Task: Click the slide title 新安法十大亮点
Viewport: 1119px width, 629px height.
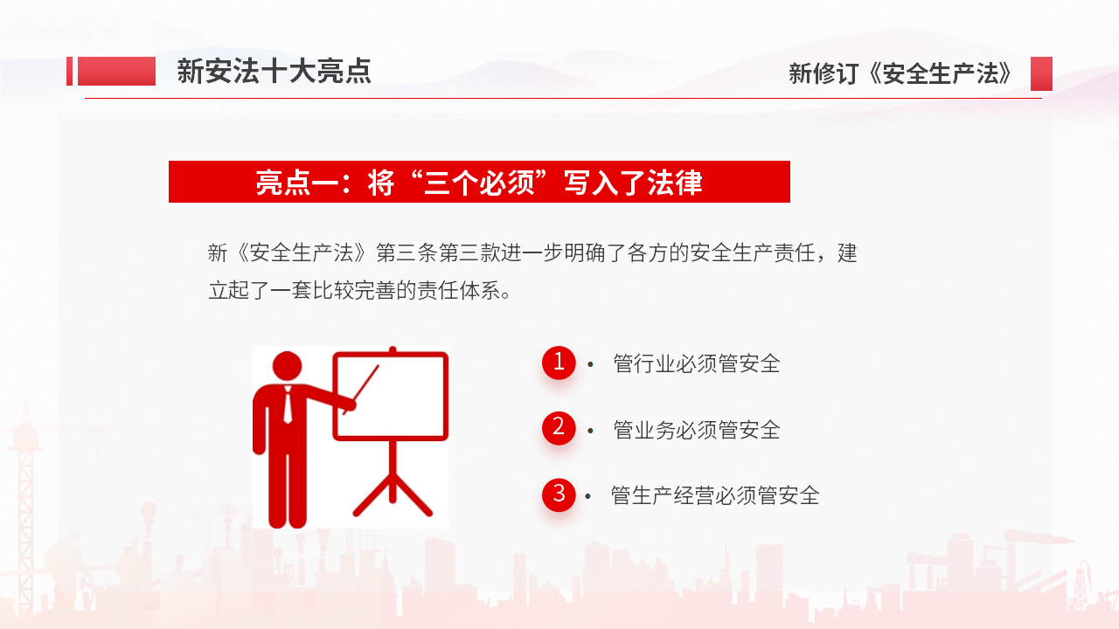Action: click(274, 71)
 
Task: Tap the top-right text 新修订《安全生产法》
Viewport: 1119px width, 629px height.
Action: click(900, 73)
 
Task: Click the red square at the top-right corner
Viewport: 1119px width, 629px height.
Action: click(1041, 73)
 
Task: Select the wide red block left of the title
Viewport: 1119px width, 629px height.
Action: click(116, 71)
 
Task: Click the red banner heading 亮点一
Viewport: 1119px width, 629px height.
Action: click(479, 182)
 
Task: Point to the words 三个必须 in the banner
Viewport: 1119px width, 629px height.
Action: click(479, 183)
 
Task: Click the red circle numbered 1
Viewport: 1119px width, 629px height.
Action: click(559, 363)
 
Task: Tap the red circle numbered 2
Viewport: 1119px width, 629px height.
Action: click(559, 428)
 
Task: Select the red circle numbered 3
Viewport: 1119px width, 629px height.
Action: click(559, 494)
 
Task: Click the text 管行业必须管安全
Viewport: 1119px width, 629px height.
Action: click(697, 363)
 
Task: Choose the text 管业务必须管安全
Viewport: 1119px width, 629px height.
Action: click(697, 430)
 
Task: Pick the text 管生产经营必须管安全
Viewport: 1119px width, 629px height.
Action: click(715, 495)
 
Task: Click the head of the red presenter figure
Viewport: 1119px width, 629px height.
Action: click(288, 366)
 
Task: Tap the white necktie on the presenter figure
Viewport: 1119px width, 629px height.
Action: click(288, 404)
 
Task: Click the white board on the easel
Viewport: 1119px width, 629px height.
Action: click(390, 396)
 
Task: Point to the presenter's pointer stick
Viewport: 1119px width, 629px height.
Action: click(361, 390)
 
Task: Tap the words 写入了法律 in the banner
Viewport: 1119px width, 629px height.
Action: click(634, 183)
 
